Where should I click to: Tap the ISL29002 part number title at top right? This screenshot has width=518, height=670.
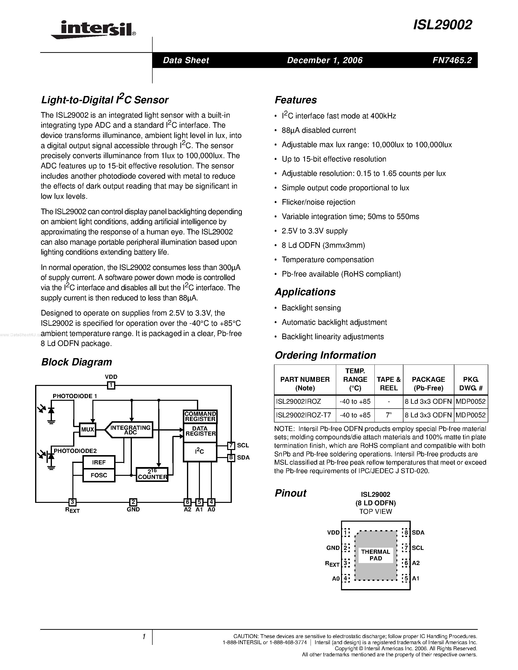point(442,25)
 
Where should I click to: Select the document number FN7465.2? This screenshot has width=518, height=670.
point(452,60)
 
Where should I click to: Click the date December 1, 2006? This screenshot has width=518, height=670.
point(325,60)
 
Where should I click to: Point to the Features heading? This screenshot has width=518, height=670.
point(295,100)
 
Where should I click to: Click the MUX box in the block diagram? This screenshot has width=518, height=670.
point(88,430)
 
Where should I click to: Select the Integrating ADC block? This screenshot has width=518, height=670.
point(130,430)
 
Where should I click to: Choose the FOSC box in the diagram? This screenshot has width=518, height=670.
point(99,475)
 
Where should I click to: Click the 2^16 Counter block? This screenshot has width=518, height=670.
point(152,475)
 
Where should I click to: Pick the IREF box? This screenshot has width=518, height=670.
point(99,462)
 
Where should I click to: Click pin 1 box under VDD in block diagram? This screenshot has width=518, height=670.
point(111,385)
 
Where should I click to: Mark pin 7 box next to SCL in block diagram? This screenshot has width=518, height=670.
point(231,445)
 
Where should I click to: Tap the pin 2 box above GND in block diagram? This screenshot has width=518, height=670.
point(133,502)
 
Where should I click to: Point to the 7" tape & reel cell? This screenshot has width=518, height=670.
point(389,415)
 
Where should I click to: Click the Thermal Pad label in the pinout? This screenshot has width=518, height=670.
point(376,555)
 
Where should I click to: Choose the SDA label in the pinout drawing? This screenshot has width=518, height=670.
point(418,533)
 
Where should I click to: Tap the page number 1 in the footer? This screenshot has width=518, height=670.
point(144,637)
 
